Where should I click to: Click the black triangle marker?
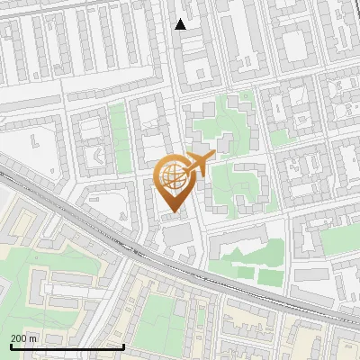[181, 24]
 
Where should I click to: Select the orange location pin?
[174, 184]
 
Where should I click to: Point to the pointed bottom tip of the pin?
[174, 213]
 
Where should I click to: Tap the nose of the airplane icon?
[212, 155]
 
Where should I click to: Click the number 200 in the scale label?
[20, 338]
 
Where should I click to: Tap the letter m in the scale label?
[34, 338]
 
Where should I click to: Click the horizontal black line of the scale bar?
[67, 346]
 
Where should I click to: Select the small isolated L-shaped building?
[34, 141]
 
